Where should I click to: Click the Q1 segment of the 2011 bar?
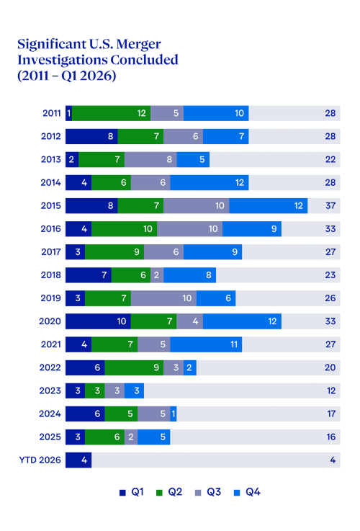point(68,113)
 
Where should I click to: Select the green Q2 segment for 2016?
point(124,229)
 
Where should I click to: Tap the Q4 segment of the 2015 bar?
point(269,206)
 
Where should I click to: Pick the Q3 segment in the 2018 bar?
point(157,275)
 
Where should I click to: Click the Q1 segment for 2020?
point(98,321)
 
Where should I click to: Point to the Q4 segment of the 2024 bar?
point(174,414)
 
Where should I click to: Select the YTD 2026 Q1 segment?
point(78,460)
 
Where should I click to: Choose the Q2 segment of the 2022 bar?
point(134,367)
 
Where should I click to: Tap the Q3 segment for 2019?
point(163,298)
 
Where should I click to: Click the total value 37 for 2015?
point(330,206)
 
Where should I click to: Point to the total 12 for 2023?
point(331,391)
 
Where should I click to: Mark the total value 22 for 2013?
point(330,159)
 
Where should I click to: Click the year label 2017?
point(51,252)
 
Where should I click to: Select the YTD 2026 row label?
point(40,460)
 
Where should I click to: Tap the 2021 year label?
point(51,344)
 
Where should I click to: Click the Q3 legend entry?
point(208,492)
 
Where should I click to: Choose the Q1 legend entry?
point(132,492)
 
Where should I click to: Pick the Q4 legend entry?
point(247,492)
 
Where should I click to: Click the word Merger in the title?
point(139,45)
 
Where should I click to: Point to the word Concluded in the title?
point(144,60)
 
